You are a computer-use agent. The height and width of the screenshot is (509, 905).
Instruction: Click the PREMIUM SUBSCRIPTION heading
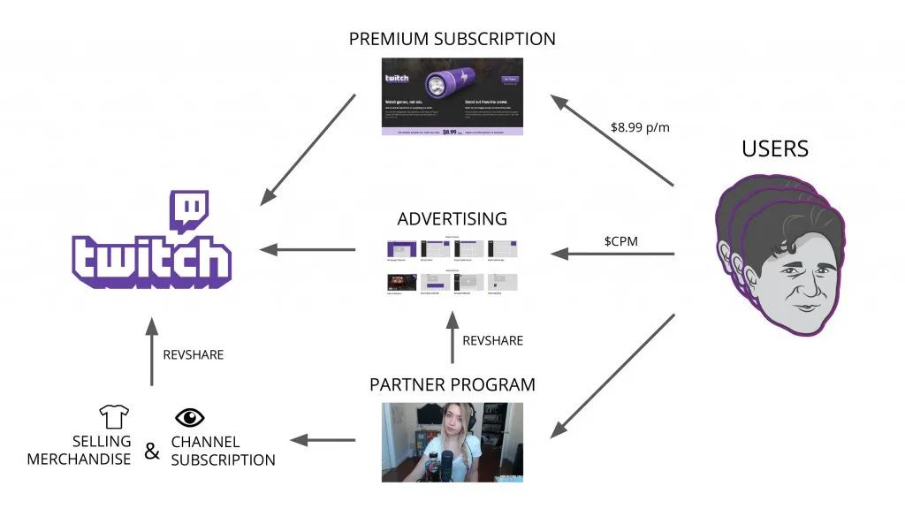tap(452, 39)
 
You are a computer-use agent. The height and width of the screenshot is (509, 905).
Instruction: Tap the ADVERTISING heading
tap(452, 218)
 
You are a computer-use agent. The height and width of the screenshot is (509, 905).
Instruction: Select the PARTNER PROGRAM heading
tap(452, 385)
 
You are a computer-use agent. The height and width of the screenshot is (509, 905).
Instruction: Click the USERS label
tap(775, 148)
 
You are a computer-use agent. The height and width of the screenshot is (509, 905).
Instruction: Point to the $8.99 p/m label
tap(640, 127)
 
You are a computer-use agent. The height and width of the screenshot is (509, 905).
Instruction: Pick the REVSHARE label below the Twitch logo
tap(194, 354)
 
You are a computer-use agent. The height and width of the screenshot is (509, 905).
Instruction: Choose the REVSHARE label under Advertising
tap(493, 340)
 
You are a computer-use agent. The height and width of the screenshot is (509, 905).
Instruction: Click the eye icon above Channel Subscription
tap(189, 417)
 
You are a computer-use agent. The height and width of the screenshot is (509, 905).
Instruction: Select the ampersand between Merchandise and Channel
tap(152, 452)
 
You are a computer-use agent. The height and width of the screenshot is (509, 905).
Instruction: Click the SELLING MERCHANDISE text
tap(79, 450)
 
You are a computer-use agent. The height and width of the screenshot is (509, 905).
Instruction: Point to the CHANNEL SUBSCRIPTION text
tap(223, 451)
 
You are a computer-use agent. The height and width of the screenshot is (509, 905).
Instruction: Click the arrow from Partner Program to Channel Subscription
tap(324, 439)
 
